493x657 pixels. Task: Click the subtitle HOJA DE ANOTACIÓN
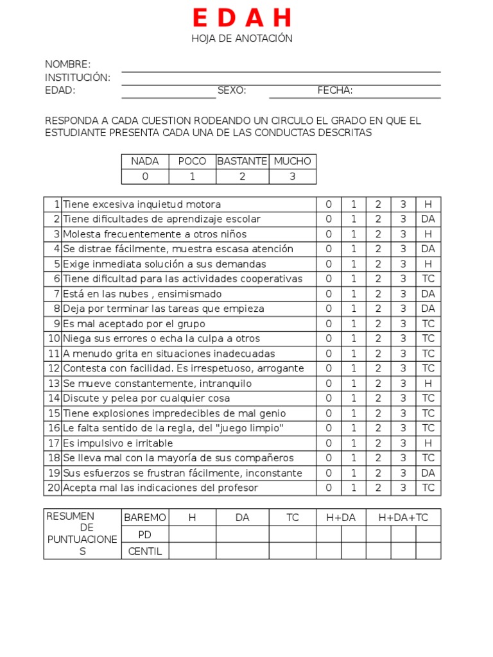(x=242, y=38)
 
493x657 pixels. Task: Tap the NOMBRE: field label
(x=67, y=65)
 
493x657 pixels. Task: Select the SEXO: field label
(x=232, y=90)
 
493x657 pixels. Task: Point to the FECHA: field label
(x=335, y=90)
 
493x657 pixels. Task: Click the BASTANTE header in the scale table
(x=242, y=162)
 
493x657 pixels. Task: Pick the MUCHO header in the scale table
(x=292, y=162)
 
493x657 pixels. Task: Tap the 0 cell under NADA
(x=145, y=177)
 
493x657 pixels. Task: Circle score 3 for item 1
(x=403, y=205)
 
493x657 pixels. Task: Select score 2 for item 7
(x=378, y=294)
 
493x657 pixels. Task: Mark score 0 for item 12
(x=329, y=368)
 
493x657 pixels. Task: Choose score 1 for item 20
(x=353, y=488)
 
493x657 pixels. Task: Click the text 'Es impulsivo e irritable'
(x=118, y=443)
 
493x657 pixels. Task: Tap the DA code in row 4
(x=428, y=249)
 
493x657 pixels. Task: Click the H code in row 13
(x=428, y=384)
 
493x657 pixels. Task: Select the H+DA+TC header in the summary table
(x=403, y=518)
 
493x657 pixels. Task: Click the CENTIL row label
(x=145, y=551)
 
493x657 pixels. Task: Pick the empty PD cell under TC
(x=292, y=534)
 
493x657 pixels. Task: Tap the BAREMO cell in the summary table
(x=145, y=518)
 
